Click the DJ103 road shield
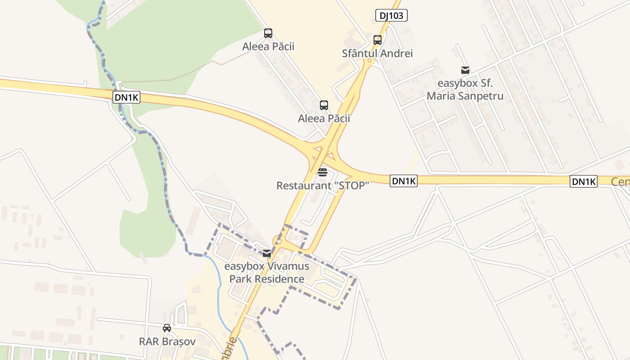391,16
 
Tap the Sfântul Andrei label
377,53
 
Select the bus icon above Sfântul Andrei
378,40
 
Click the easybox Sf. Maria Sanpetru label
465,90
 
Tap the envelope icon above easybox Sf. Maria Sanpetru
465,70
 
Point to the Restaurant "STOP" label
322,185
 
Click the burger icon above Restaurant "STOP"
322,172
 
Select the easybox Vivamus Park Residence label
267,272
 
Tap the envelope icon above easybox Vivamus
267,253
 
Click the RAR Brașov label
167,342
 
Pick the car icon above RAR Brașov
167,328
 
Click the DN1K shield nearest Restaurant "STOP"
404,181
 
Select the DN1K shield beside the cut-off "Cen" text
584,182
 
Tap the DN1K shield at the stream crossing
126,97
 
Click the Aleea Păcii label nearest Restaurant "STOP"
324,118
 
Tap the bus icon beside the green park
268,33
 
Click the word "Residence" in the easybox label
279,279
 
